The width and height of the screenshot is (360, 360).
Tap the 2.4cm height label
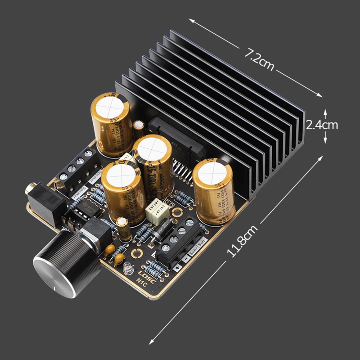coord(322,125)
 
